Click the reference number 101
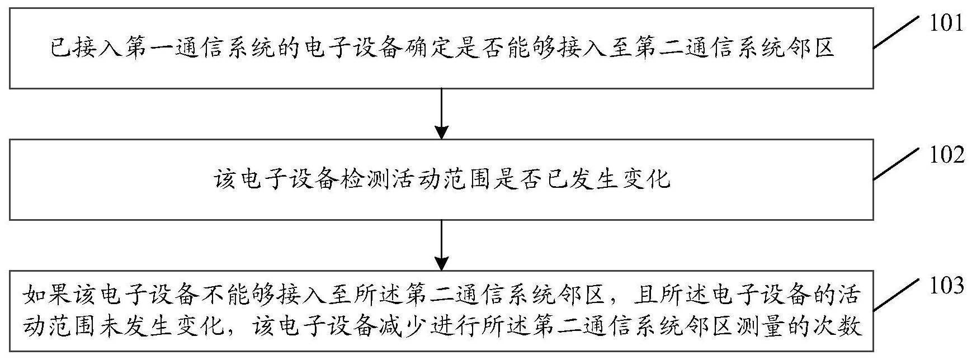(x=946, y=23)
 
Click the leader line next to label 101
(x=895, y=32)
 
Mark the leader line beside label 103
(x=895, y=295)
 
